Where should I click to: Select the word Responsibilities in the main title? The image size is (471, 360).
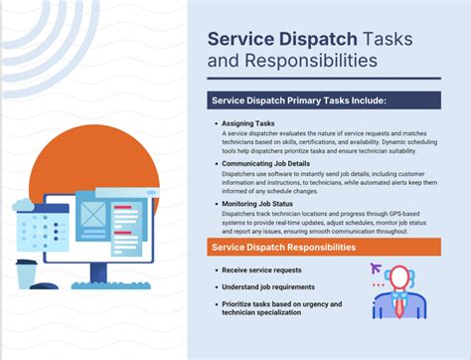click(x=295, y=62)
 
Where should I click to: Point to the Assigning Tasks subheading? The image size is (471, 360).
click(x=249, y=123)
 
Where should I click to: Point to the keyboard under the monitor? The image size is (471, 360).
click(x=107, y=288)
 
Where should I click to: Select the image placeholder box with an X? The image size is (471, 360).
click(x=92, y=216)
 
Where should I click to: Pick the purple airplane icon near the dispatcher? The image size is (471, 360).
click(x=377, y=268)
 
